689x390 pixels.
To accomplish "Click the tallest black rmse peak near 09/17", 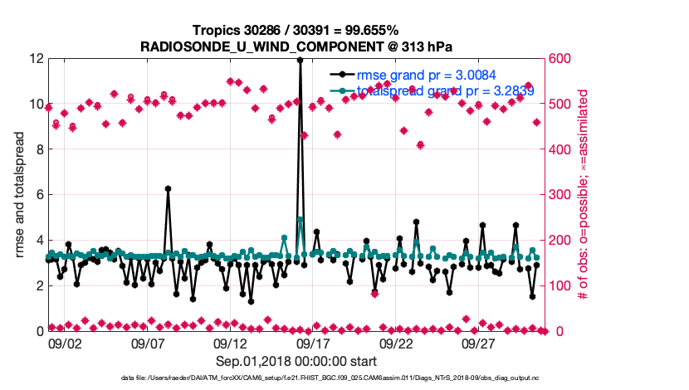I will (x=300, y=60).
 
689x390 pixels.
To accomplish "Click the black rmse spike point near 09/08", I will (x=168, y=188).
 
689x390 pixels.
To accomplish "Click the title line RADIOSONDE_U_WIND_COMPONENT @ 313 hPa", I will (x=297, y=46).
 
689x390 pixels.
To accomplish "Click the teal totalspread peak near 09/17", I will (x=300, y=220).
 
